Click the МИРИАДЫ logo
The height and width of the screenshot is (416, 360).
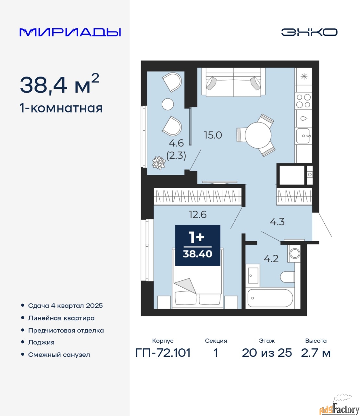(70, 32)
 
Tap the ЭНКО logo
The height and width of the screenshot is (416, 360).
(309, 32)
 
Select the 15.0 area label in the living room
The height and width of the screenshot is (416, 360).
(213, 135)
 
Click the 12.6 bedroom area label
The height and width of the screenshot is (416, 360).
(198, 214)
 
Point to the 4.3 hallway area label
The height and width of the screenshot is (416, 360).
(277, 222)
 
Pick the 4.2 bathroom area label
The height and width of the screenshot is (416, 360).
(271, 259)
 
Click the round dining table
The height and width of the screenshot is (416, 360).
(258, 135)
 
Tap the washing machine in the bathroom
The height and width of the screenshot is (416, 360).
(294, 253)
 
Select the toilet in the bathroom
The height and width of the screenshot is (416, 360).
(287, 277)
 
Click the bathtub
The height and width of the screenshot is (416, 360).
(270, 298)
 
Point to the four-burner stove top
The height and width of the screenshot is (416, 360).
(303, 101)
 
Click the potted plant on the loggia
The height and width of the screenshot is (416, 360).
(159, 163)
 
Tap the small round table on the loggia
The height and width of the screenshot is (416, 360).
(168, 104)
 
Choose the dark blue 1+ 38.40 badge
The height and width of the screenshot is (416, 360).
(198, 245)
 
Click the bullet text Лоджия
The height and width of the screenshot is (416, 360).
(41, 342)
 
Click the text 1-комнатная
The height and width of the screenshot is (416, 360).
(61, 108)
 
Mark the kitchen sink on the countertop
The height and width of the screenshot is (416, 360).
(303, 136)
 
